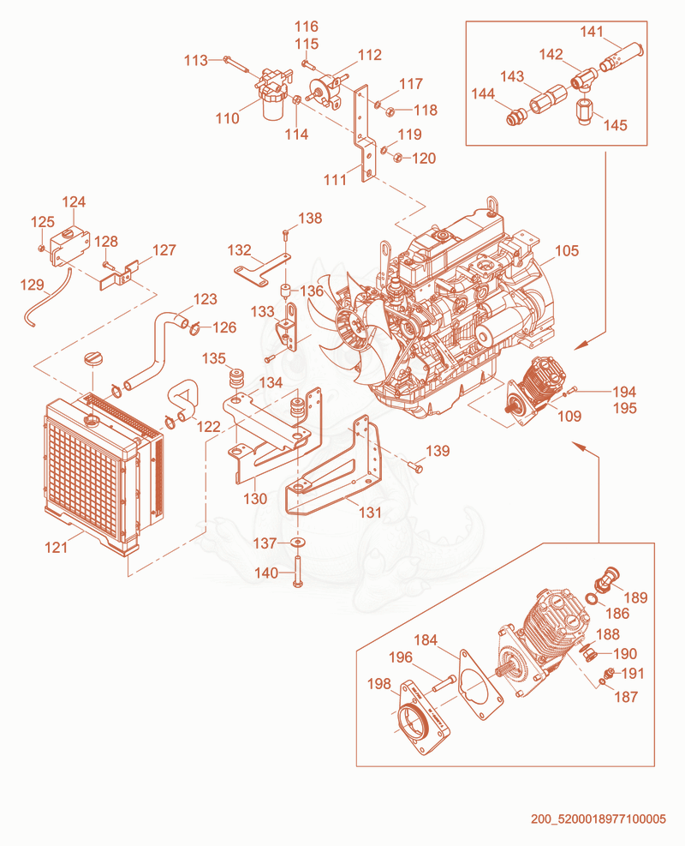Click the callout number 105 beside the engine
(567, 251)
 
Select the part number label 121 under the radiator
(56, 548)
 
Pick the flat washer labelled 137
(297, 541)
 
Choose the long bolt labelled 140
(297, 572)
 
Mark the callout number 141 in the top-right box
(591, 32)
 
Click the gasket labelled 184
(479, 685)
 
